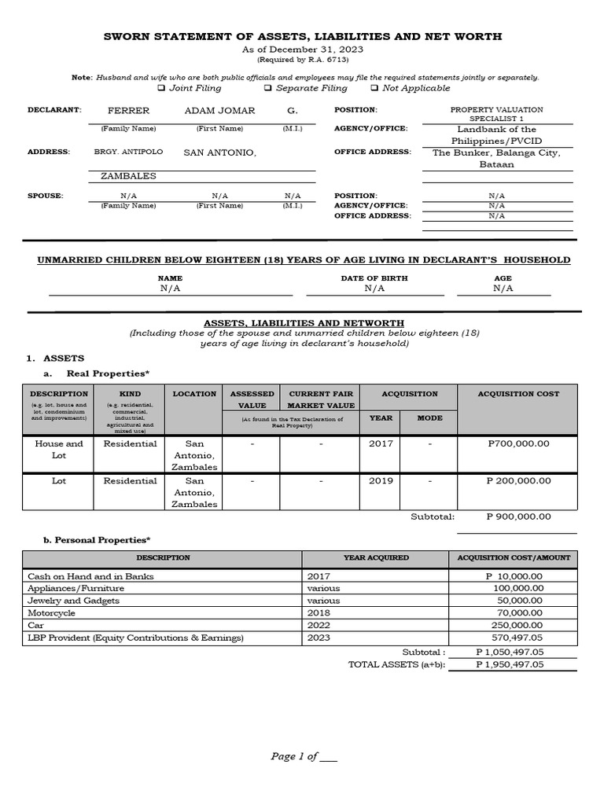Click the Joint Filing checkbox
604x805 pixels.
click(173, 88)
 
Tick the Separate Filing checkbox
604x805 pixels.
click(268, 88)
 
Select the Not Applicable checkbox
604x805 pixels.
click(374, 88)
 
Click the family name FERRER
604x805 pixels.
click(128, 110)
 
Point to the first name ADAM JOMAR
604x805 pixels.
click(219, 110)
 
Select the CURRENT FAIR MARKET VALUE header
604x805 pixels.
click(322, 399)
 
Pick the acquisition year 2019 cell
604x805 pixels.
click(381, 480)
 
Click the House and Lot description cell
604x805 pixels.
click(59, 449)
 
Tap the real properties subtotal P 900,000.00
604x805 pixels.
click(517, 516)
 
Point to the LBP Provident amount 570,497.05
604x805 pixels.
click(515, 637)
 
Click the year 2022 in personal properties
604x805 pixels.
click(319, 624)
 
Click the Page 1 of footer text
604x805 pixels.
click(303, 756)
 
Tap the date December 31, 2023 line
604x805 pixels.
click(303, 50)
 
